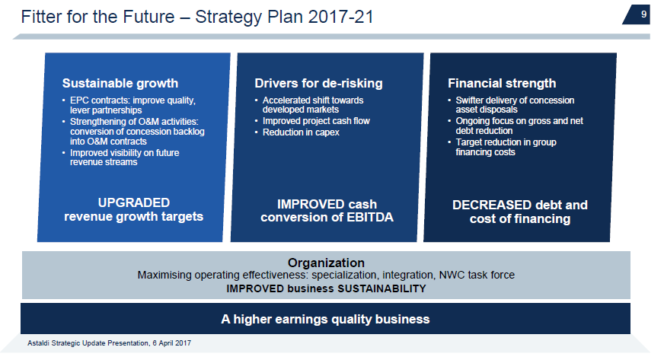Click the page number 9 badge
tap(637, 14)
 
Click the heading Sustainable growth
tap(120, 83)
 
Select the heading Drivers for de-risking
tap(318, 83)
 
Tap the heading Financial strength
tap(502, 83)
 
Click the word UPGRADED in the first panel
tap(134, 202)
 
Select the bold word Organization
tap(326, 263)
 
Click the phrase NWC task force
tap(477, 275)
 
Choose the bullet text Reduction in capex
tap(301, 132)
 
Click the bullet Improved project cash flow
tap(316, 121)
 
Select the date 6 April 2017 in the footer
tap(172, 343)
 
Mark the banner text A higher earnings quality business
tap(325, 319)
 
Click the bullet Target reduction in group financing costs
tap(506, 147)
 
